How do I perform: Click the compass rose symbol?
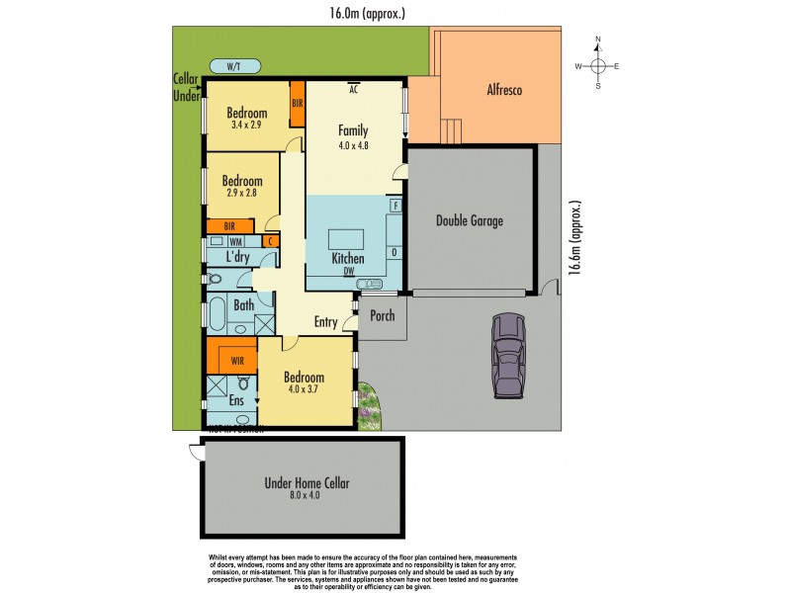tap(597, 65)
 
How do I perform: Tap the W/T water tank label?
tap(233, 67)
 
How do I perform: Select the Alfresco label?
tap(504, 91)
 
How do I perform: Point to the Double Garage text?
tap(470, 220)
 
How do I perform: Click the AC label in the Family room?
tap(353, 89)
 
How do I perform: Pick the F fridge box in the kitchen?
tap(395, 206)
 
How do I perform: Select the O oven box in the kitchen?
tap(395, 252)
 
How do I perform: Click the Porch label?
tap(382, 316)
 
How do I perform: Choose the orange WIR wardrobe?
tap(237, 361)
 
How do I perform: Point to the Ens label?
tap(236, 400)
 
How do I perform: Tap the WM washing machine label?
tap(235, 241)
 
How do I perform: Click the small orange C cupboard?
tap(269, 241)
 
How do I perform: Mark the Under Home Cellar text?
tap(307, 483)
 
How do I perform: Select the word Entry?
tap(325, 322)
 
